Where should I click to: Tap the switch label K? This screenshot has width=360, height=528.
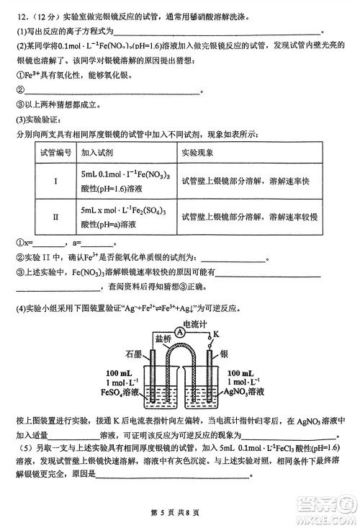point(215,334)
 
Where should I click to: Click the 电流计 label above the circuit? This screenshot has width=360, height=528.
point(194,324)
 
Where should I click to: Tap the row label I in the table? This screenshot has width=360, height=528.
point(55,181)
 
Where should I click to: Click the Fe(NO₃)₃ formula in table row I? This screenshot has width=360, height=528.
point(134,174)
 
